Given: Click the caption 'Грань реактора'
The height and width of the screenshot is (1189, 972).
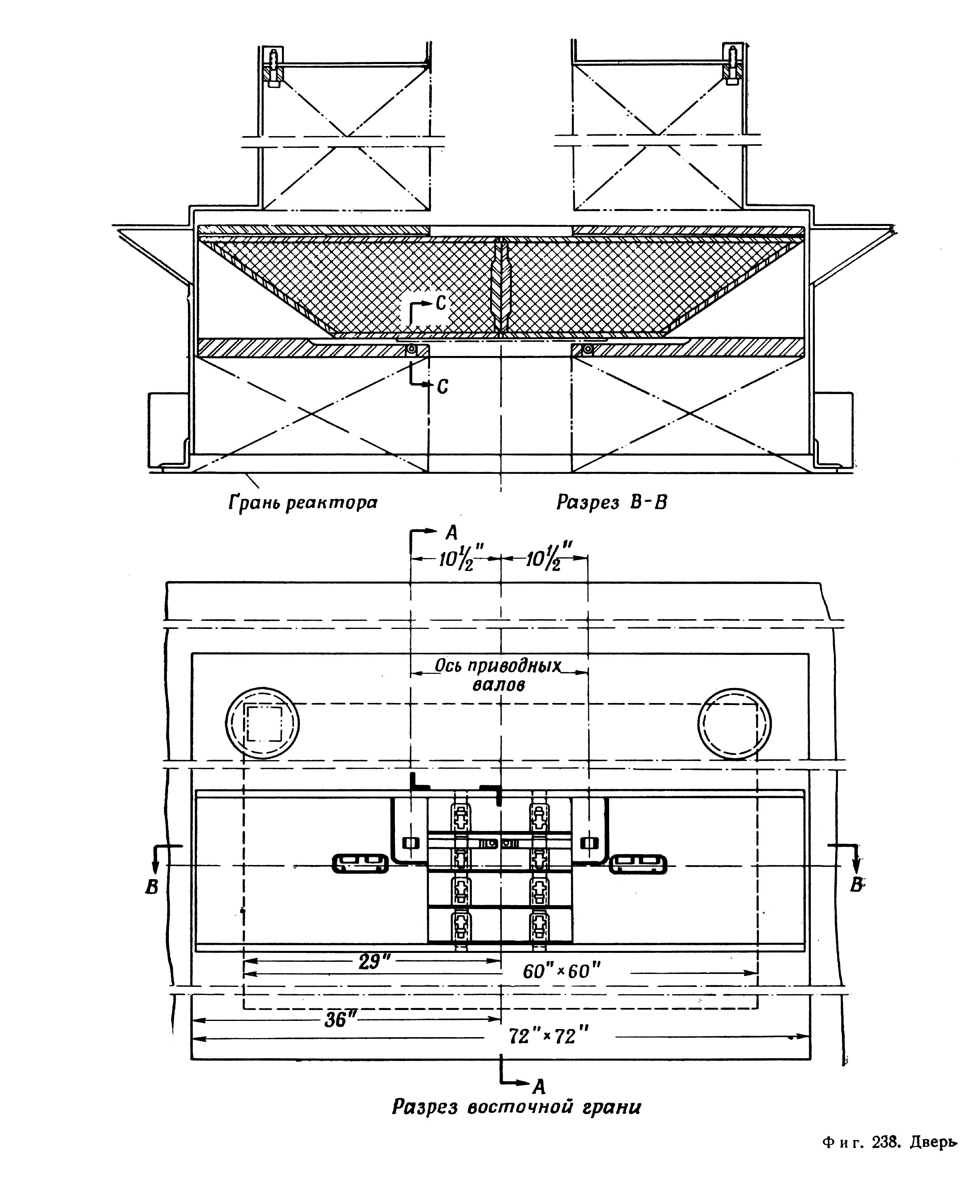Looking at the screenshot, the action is click(303, 503).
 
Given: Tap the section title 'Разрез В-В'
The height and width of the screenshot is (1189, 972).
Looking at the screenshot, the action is click(612, 503).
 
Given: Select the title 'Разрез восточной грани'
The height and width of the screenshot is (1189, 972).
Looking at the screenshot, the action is click(516, 1107).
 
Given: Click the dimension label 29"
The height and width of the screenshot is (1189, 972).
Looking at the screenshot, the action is click(373, 962).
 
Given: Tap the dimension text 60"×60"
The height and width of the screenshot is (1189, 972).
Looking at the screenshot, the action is click(562, 971).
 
